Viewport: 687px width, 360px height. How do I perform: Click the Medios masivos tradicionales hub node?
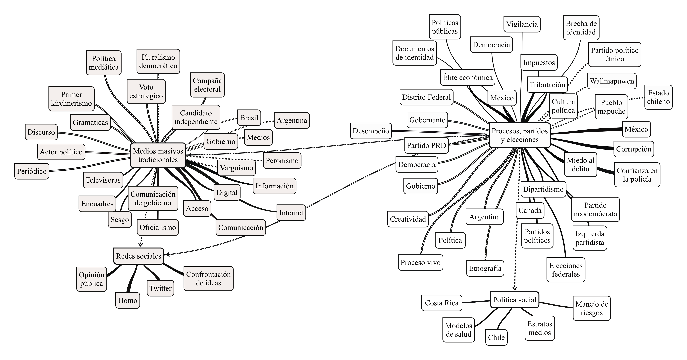(x=158, y=155)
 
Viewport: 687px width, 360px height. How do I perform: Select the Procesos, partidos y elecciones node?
(x=519, y=135)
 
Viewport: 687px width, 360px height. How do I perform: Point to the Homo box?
(x=128, y=300)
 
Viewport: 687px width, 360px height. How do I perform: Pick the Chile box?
(x=496, y=337)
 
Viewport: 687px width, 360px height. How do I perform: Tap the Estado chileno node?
(x=658, y=97)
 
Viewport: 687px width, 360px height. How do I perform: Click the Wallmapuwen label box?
(x=612, y=81)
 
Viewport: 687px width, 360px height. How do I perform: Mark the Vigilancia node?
(x=522, y=24)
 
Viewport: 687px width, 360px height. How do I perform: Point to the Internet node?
(x=291, y=213)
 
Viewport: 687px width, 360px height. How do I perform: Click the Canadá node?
(x=530, y=210)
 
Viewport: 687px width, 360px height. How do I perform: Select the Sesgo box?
(x=120, y=220)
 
